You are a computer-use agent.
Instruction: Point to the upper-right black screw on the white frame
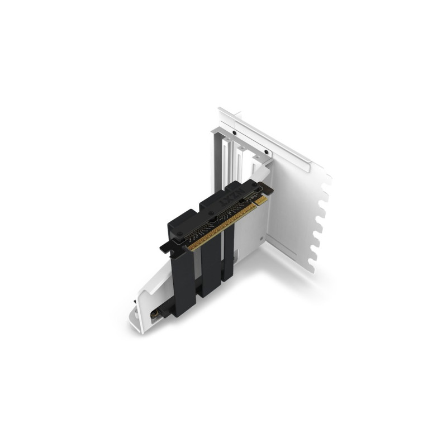click(267, 151)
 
